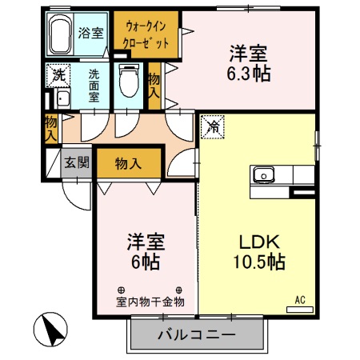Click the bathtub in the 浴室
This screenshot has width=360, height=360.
(x=61, y=35)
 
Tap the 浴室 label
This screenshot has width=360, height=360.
(x=90, y=33)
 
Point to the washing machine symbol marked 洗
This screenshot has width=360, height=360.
(x=58, y=76)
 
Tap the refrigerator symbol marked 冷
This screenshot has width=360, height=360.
(x=213, y=125)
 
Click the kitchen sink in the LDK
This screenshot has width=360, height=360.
(x=265, y=174)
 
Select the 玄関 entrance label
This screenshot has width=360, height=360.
(x=77, y=162)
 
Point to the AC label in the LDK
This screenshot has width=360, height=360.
(x=300, y=299)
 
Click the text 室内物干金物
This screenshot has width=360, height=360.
(x=150, y=302)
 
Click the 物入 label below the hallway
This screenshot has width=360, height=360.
(x=129, y=163)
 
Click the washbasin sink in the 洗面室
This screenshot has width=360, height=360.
(x=62, y=98)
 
